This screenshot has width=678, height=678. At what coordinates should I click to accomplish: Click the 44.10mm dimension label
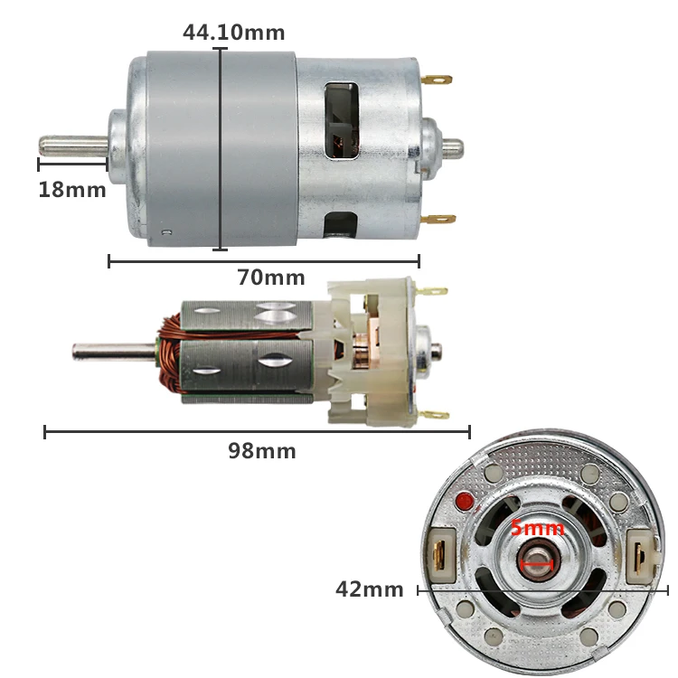[x=233, y=33]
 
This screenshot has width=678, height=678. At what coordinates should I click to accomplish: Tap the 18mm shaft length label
[x=71, y=190]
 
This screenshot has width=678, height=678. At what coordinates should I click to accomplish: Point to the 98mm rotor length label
[x=261, y=450]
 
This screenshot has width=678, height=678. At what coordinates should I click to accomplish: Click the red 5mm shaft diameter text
[x=537, y=529]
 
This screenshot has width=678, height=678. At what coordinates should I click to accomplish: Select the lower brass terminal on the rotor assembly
[x=434, y=415]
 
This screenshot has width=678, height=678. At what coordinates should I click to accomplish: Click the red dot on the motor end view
[x=466, y=501]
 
